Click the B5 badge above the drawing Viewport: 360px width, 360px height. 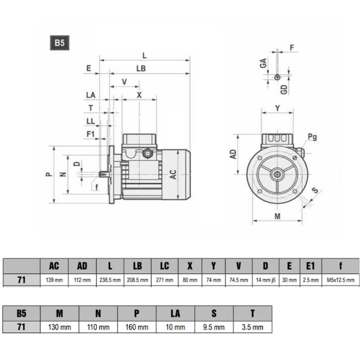(x=59, y=43)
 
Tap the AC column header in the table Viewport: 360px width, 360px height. (x=54, y=266)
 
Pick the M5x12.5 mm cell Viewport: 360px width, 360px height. (x=340, y=280)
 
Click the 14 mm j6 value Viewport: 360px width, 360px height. (x=265, y=280)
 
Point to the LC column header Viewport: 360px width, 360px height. (x=164, y=266)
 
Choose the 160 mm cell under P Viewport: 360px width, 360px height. (x=137, y=327)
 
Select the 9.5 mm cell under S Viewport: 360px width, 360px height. (x=214, y=327)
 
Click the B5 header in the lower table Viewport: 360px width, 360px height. (x=22, y=313)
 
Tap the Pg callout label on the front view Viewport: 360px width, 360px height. (x=312, y=137)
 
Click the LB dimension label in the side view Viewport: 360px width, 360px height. (x=141, y=69)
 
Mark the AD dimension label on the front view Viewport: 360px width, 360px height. (x=234, y=154)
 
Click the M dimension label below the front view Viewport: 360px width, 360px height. (x=277, y=215)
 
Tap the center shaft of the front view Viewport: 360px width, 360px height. (x=277, y=175)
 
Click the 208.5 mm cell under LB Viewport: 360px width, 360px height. (x=136, y=280)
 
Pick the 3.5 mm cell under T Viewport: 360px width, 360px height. (x=253, y=327)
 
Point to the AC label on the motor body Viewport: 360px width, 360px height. (x=173, y=175)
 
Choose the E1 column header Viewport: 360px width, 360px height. (x=310, y=266)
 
